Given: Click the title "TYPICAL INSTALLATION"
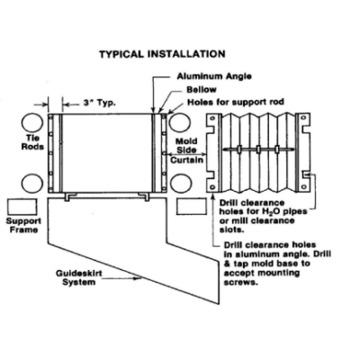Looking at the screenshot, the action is click(x=162, y=54).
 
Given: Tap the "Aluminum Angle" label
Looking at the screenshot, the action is click(x=214, y=76).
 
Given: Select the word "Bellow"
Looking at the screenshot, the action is click(x=202, y=89).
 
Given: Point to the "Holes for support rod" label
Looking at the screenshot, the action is click(x=236, y=103).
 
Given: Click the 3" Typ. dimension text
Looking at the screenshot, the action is click(x=99, y=103).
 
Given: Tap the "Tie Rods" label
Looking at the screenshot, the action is click(x=32, y=142).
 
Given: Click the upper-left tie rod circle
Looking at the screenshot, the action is click(x=32, y=122).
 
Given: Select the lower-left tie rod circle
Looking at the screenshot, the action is click(x=32, y=184).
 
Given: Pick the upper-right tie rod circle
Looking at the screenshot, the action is click(x=180, y=122).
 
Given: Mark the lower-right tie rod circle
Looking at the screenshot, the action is click(x=180, y=184).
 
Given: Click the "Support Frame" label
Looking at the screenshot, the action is click(x=23, y=226).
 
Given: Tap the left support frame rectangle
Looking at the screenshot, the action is click(x=22, y=207).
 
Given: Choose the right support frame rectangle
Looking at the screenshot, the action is click(x=192, y=207).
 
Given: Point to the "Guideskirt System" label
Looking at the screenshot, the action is click(x=79, y=278).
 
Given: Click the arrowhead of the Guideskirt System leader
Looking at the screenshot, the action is click(x=139, y=279).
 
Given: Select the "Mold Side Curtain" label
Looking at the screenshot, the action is click(x=186, y=150).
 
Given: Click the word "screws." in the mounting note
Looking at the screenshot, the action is click(x=241, y=283).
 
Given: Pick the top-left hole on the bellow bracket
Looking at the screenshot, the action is click(x=212, y=118).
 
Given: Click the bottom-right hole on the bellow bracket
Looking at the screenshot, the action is click(x=304, y=187).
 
